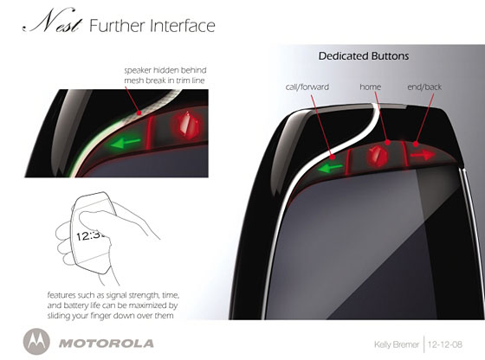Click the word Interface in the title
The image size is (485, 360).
coord(183,26)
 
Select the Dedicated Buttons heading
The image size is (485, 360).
coord(364,56)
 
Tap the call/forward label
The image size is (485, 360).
coord(307,87)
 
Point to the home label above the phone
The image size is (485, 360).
coord(371,87)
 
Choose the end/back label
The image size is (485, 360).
coord(424,87)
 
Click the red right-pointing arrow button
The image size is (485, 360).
coord(423,154)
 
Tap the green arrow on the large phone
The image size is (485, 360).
coord(330,168)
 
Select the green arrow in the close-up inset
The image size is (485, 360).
coord(125,143)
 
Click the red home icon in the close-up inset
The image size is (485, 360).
coord(187,125)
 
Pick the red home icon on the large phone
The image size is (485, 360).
coord(377,155)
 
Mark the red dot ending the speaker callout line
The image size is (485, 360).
coord(139,113)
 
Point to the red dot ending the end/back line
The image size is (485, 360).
coord(416,144)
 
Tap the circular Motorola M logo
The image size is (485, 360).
coord(36,342)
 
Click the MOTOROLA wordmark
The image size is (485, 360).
coord(106,344)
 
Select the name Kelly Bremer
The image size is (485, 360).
coord(397,344)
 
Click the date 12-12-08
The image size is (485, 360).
coord(445,344)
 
